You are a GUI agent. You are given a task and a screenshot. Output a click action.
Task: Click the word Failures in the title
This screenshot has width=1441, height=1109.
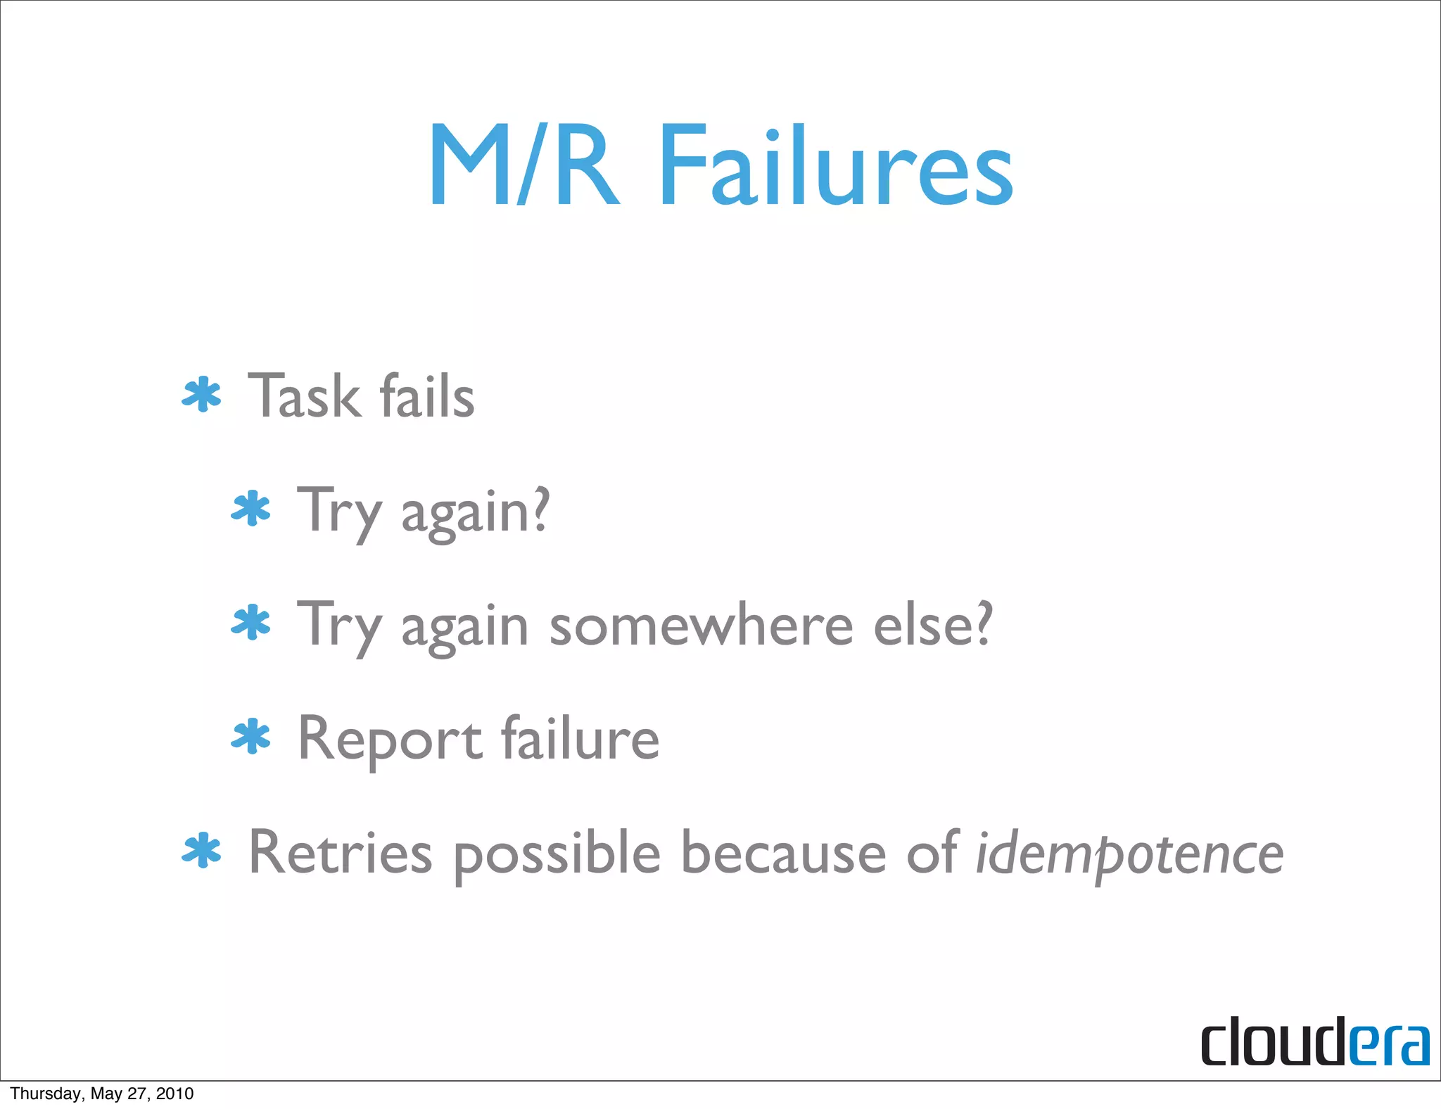pyautogui.click(x=836, y=167)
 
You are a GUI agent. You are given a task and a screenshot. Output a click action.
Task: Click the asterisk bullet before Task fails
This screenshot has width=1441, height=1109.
pyautogui.click(x=202, y=395)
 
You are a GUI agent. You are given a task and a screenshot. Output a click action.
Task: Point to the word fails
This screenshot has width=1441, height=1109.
pyautogui.click(x=427, y=396)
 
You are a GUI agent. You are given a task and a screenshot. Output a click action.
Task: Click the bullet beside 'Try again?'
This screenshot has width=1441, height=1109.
pyautogui.click(x=251, y=510)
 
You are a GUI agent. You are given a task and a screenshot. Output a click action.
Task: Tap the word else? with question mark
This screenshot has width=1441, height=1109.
pyautogui.click(x=932, y=625)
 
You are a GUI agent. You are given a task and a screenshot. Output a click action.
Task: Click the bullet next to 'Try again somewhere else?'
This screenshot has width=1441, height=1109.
pyautogui.click(x=251, y=624)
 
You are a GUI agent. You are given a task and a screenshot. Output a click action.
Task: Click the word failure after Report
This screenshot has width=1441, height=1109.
pyautogui.click(x=580, y=739)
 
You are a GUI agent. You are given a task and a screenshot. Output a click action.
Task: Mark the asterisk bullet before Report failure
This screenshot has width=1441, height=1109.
pyautogui.click(x=251, y=738)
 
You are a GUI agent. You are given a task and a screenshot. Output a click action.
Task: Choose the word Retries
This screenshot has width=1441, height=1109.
pyautogui.click(x=340, y=853)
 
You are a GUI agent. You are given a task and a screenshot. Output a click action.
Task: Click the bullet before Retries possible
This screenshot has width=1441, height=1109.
pyautogui.click(x=202, y=851)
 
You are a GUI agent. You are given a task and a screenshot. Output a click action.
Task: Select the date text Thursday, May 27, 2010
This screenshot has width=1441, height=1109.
pyautogui.click(x=102, y=1094)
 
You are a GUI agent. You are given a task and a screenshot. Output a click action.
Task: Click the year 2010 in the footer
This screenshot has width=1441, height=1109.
pyautogui.click(x=174, y=1094)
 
